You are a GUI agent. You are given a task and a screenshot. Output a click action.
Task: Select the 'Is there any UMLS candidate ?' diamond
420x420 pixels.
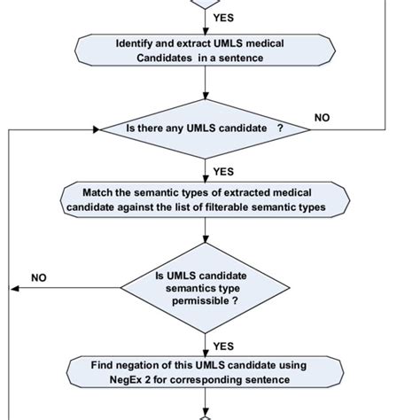[x=205, y=129]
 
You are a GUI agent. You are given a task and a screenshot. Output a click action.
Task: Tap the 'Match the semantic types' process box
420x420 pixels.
[x=205, y=199]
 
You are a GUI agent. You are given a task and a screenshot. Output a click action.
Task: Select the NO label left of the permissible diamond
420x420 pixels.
[x=39, y=277]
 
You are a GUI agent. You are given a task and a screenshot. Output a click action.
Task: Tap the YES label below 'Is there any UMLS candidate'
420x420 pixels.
[x=223, y=172]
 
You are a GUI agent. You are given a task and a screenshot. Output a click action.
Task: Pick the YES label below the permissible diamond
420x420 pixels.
[x=223, y=346]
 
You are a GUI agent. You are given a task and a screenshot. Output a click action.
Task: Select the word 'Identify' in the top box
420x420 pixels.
[x=136, y=43]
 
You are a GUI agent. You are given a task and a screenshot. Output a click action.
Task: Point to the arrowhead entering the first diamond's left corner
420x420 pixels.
[x=96, y=129]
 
